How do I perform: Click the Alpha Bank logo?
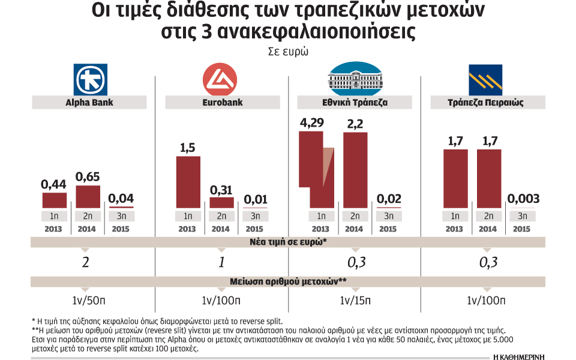point(89,80)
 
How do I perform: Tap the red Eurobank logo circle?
point(221,80)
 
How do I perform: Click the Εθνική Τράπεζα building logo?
point(355,78)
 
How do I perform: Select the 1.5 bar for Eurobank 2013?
point(187,182)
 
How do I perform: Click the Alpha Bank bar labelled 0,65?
point(88,196)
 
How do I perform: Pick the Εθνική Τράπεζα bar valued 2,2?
point(355,169)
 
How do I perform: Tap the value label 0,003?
point(523,199)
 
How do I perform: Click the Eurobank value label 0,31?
point(221,190)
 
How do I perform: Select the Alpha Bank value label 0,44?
point(54,185)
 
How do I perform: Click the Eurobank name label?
point(221,103)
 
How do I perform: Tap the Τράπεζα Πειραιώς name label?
point(487,103)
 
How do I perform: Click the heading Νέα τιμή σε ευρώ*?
point(288,243)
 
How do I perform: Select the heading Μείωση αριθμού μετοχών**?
point(288,281)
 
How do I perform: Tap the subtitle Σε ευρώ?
point(288,52)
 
